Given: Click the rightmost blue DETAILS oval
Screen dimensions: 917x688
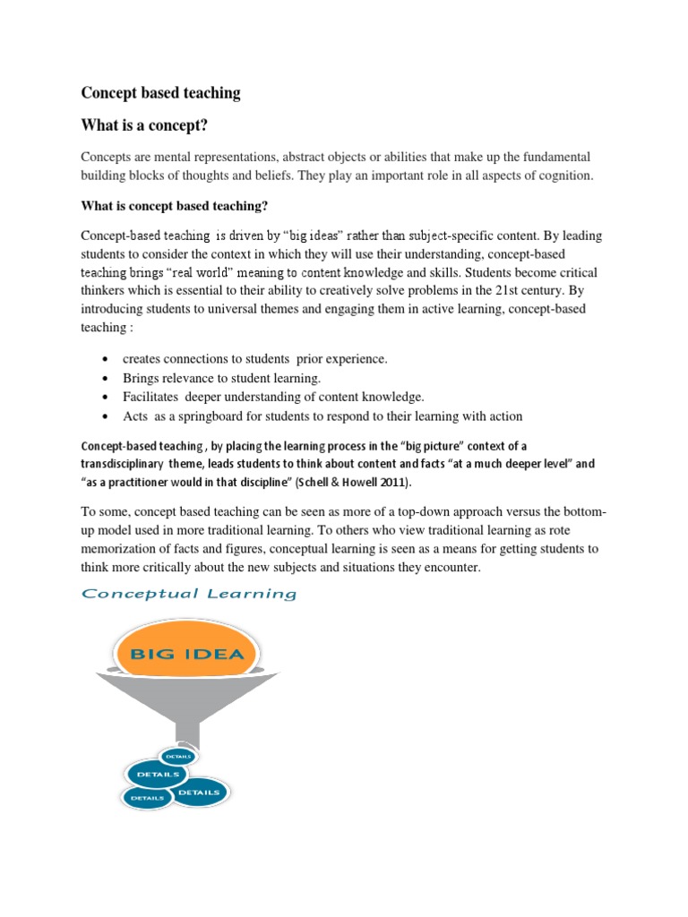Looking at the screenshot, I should (x=199, y=792).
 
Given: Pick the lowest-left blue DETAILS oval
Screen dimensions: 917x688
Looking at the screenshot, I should (x=147, y=796).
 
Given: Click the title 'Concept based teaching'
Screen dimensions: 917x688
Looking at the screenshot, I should (x=160, y=92).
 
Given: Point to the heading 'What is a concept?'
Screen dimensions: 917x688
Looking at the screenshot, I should (x=150, y=123).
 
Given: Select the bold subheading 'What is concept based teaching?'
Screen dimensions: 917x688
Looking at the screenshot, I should (x=174, y=205).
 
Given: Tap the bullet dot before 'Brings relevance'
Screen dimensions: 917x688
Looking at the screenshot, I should (x=106, y=379).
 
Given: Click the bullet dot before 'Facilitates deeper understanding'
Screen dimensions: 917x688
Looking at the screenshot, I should (x=106, y=398).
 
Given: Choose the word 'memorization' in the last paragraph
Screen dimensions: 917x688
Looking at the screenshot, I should (x=117, y=548).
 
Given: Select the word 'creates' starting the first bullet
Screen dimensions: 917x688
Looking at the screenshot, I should (x=142, y=359).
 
